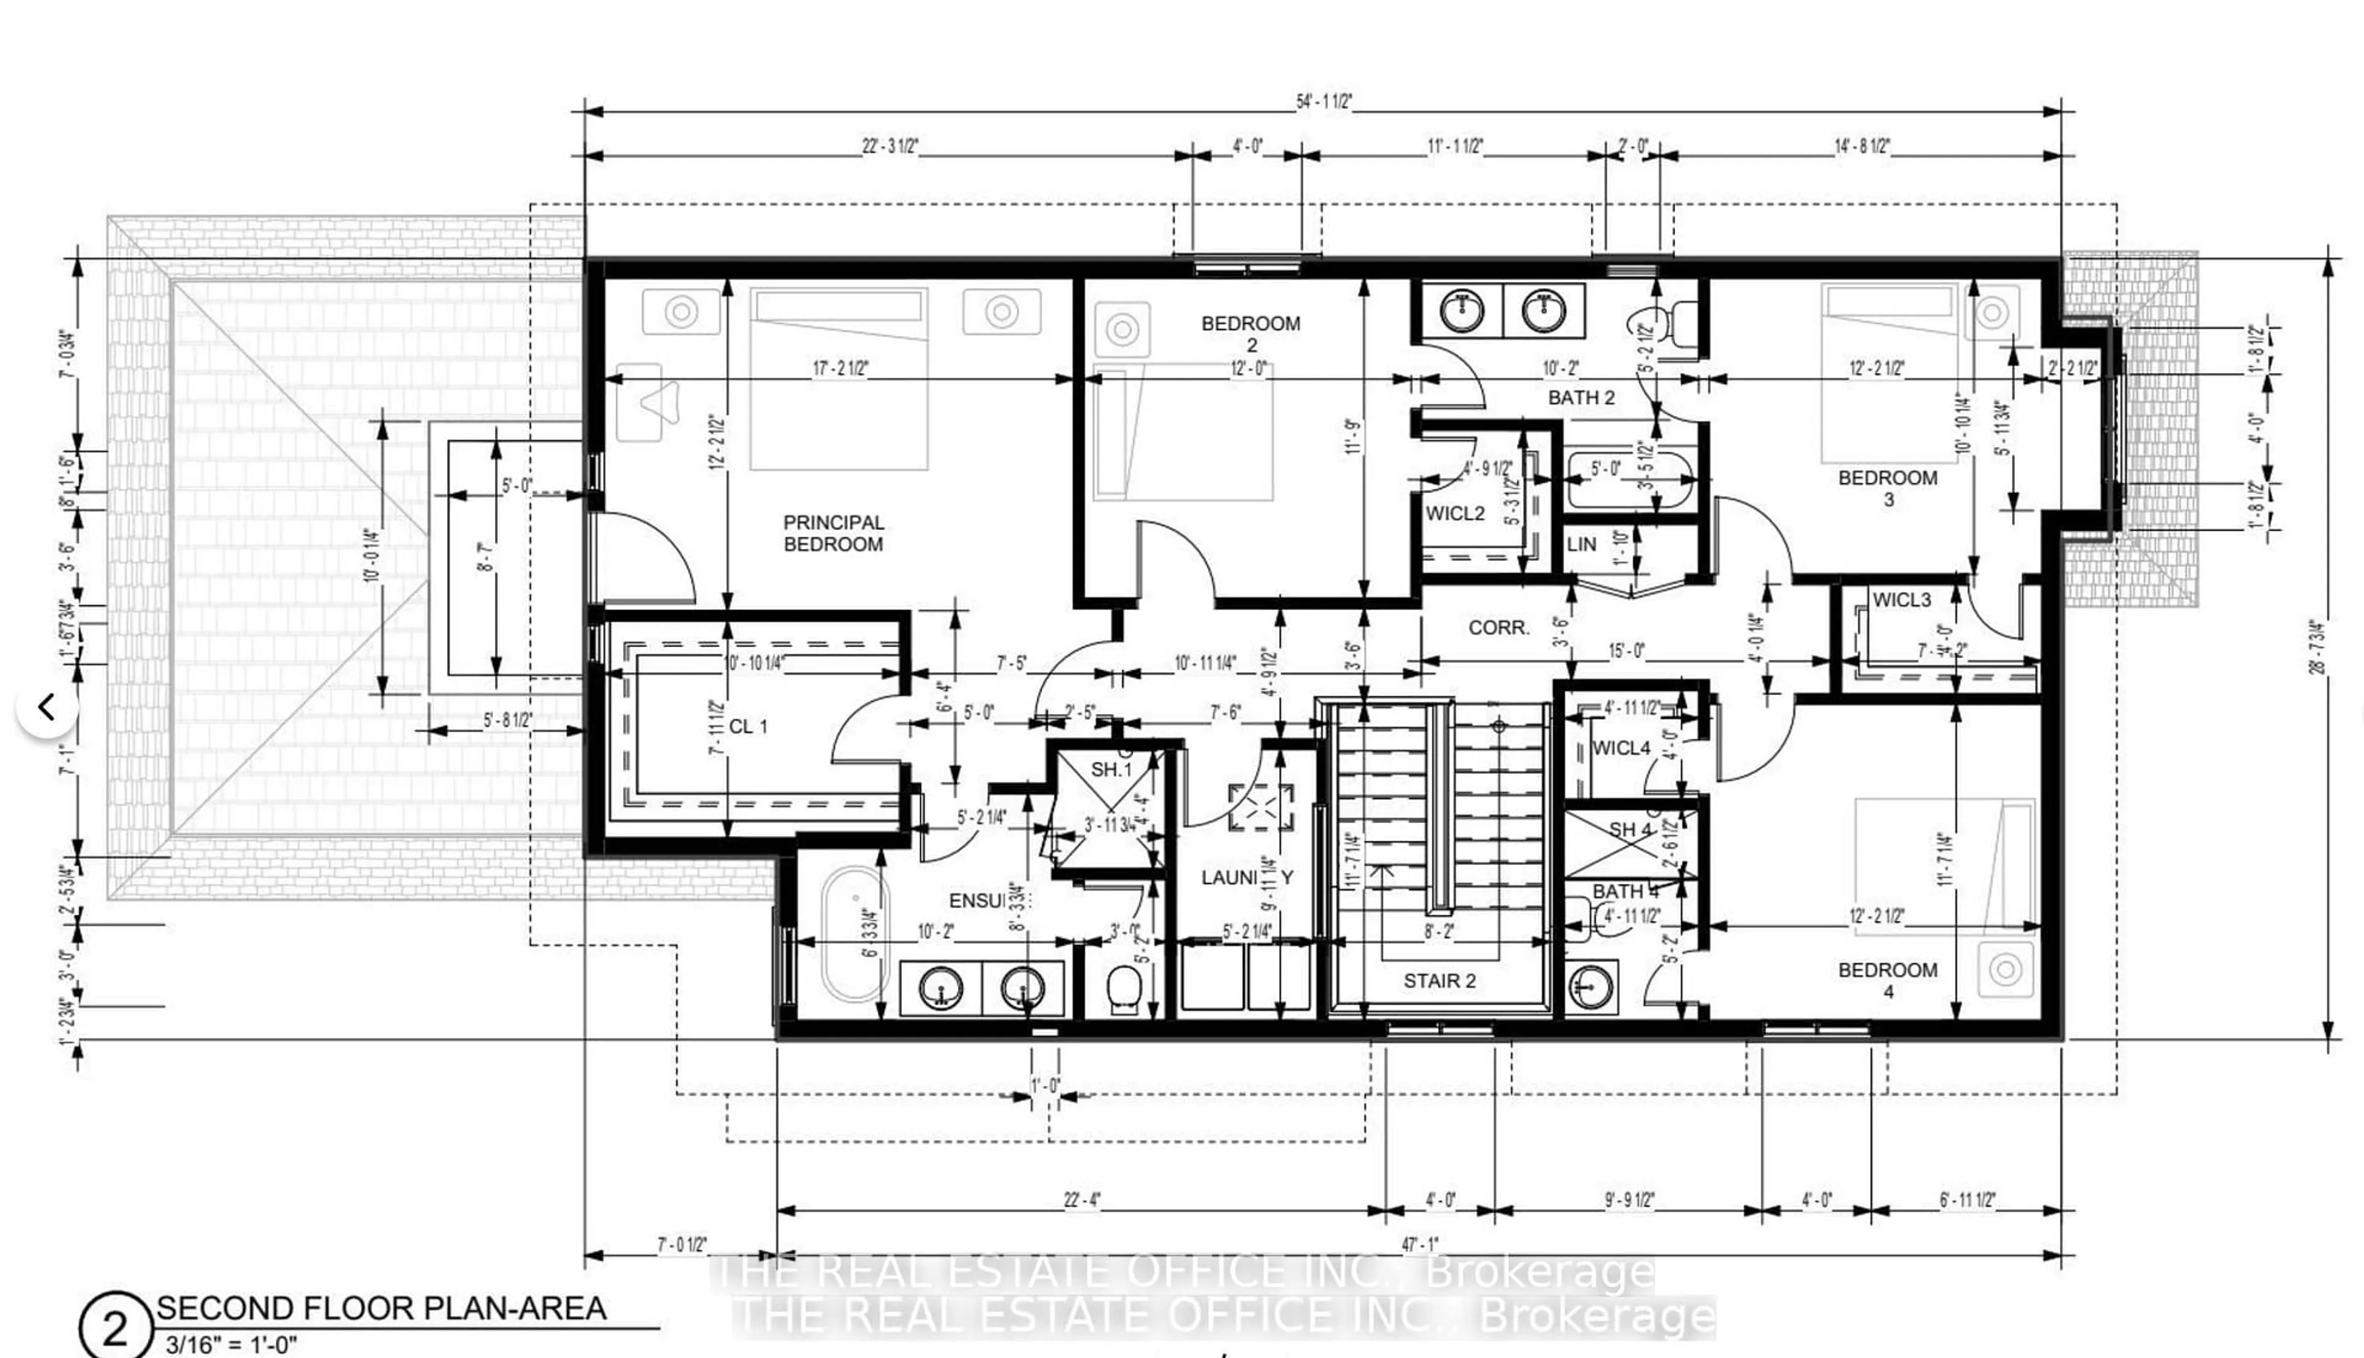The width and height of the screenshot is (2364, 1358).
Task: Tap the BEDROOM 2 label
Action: pyautogui.click(x=1250, y=334)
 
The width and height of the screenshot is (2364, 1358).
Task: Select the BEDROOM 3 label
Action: pyautogui.click(x=1888, y=488)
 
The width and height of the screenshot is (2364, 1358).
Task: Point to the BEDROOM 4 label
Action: pyautogui.click(x=1888, y=980)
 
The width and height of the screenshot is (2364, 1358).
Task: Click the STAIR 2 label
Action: pyautogui.click(x=1439, y=981)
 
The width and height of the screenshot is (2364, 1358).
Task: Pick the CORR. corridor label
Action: pyautogui.click(x=1498, y=629)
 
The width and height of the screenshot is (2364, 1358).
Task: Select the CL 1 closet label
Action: pyautogui.click(x=748, y=726)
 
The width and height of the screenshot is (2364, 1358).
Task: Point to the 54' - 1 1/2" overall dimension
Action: pyautogui.click(x=1323, y=102)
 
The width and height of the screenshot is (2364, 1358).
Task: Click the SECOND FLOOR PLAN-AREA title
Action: pyautogui.click(x=382, y=1309)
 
